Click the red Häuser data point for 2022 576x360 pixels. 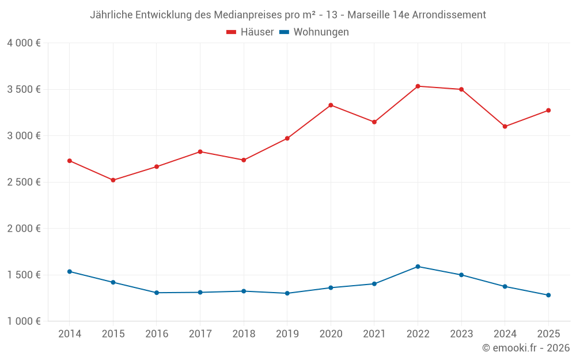(x=418, y=86)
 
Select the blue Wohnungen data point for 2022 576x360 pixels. (x=418, y=267)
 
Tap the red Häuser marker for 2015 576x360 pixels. (x=113, y=180)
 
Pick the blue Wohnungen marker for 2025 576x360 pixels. (x=548, y=295)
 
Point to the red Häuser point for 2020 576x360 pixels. (x=331, y=105)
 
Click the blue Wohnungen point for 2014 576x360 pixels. (x=70, y=271)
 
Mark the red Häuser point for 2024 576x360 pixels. (x=505, y=127)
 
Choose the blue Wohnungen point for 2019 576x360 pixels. (x=287, y=293)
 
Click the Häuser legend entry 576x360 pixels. (x=251, y=32)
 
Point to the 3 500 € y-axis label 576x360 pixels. (x=24, y=89)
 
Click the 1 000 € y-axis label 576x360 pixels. (x=24, y=321)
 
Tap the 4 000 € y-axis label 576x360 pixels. (x=24, y=43)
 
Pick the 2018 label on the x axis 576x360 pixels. (x=244, y=334)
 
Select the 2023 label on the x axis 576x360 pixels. (x=461, y=334)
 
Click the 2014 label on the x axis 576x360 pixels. (x=70, y=334)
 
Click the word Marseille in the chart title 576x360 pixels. (x=370, y=15)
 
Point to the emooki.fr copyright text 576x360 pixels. (x=526, y=348)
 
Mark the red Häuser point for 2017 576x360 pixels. (x=200, y=151)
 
